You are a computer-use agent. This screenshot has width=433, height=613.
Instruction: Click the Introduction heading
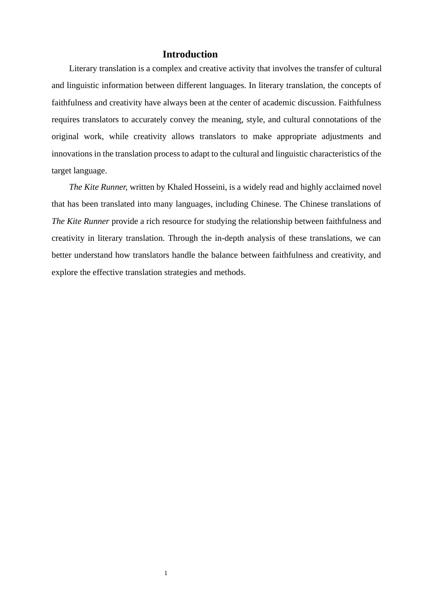click(x=190, y=54)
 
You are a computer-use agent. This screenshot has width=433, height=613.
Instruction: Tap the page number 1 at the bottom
click(x=166, y=573)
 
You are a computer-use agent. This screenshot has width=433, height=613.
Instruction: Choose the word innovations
click(x=72, y=154)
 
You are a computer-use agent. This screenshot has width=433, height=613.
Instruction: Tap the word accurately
click(x=146, y=119)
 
